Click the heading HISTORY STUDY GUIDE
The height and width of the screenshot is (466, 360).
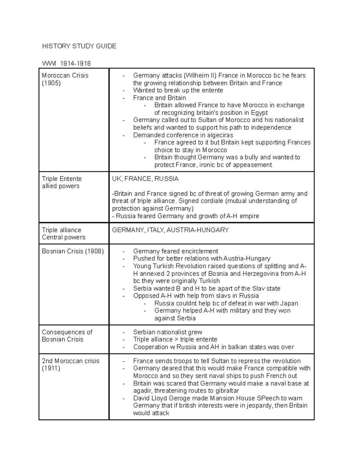79,46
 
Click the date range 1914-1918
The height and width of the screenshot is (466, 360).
75,64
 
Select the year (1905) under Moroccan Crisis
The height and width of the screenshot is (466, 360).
51,83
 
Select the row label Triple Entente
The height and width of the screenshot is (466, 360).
62,179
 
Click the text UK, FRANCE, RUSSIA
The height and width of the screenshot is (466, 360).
145,179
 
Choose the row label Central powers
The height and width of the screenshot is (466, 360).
64,237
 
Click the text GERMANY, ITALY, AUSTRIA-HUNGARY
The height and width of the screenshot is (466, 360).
170,230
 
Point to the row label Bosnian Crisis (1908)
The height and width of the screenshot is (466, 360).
73,251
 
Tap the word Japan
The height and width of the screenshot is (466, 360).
289,303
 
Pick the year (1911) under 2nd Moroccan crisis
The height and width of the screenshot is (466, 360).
51,368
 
